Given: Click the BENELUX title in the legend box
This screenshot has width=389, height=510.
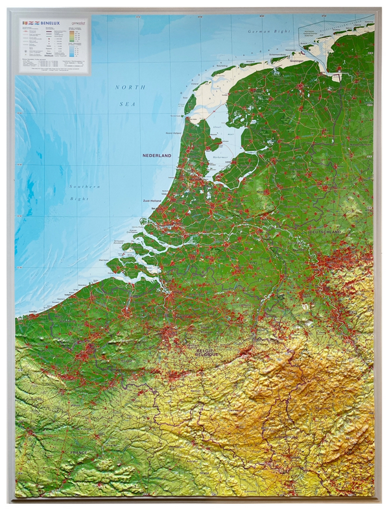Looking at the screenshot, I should point(49,22).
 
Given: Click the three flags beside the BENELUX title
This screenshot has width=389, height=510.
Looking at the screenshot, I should point(30,22).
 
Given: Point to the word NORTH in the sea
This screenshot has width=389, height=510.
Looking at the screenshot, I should point(130,87).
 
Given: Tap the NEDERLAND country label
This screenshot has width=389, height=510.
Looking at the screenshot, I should point(157,156).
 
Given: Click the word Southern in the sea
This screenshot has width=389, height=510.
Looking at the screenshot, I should point(85,187).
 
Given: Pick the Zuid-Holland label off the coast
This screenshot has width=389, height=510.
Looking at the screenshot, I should point(151,201).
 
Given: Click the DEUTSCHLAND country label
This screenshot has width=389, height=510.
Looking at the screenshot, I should point(325,232).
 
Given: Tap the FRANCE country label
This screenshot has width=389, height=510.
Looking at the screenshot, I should point(78,452).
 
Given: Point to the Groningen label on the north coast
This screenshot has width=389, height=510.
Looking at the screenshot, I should point(296,62).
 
